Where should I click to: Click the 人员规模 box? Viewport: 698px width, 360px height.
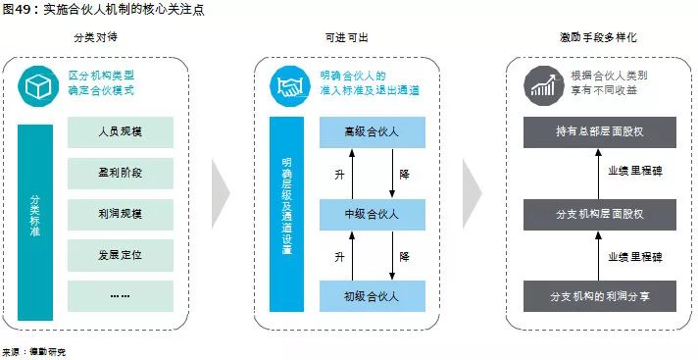(x=121, y=132)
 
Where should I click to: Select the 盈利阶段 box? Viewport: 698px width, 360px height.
(x=121, y=173)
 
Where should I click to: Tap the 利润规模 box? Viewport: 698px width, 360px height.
(x=121, y=214)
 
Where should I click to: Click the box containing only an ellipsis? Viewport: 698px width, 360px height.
(x=121, y=295)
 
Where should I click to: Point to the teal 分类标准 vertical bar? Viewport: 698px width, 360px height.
(x=34, y=223)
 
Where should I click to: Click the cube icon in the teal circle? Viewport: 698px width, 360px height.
(x=35, y=87)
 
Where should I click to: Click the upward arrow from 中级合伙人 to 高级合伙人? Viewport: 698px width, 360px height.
(x=352, y=174)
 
